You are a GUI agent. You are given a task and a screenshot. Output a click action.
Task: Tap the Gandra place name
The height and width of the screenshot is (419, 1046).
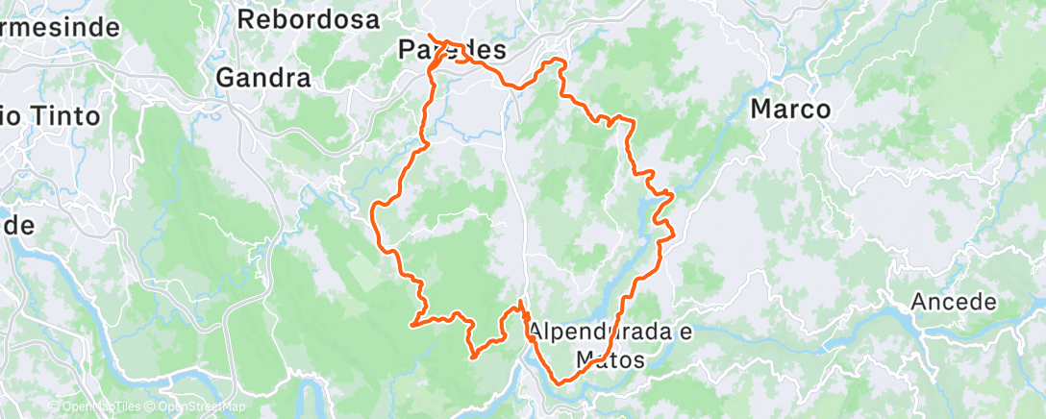[263, 78]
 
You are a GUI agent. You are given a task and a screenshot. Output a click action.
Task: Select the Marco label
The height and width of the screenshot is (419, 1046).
[789, 110]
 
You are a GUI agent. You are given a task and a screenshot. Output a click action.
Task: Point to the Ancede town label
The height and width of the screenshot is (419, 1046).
[953, 302]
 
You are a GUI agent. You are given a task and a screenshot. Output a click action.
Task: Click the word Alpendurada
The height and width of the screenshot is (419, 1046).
[597, 333]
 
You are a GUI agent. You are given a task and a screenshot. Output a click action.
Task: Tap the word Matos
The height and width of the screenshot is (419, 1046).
[610, 359]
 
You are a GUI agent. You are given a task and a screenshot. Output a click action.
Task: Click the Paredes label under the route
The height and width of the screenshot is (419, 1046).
[451, 50]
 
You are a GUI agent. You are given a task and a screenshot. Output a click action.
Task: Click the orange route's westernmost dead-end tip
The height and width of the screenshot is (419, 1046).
[412, 325]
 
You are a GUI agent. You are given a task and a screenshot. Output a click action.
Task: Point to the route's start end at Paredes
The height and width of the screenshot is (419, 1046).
[429, 37]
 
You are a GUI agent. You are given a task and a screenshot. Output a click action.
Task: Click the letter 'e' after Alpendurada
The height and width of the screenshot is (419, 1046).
[685, 333]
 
